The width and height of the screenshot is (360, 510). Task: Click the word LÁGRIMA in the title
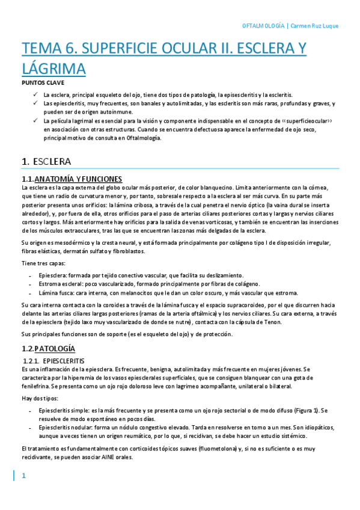point(53,69)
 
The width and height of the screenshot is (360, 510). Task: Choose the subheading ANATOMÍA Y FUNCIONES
point(78,179)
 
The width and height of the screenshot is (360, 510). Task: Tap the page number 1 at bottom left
point(24,477)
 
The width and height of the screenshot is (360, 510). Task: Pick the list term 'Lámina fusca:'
point(57,293)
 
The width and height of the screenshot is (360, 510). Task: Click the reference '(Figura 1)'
point(303,410)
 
